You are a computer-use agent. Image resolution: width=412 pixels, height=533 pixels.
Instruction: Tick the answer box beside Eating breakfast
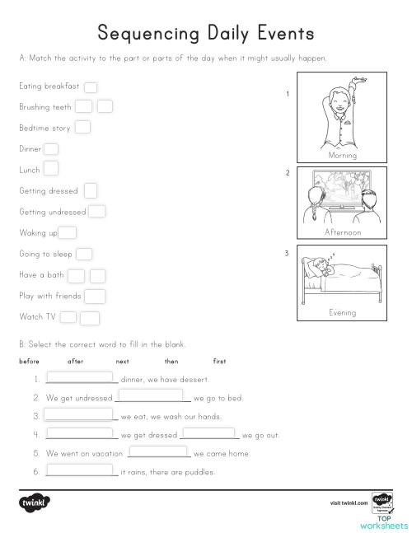coord(91,86)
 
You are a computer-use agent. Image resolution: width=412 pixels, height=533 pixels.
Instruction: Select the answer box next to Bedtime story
coord(83,127)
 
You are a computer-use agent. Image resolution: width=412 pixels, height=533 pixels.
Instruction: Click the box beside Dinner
coord(50,148)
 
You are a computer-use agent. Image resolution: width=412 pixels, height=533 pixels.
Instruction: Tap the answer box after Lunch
coord(50,169)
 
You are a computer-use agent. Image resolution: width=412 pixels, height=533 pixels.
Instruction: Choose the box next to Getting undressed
coord(97,212)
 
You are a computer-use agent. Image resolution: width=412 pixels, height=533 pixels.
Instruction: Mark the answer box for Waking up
coord(68,233)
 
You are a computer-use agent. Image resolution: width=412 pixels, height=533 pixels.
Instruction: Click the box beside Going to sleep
coord(84,255)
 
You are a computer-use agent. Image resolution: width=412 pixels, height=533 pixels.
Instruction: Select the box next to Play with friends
coord(95,296)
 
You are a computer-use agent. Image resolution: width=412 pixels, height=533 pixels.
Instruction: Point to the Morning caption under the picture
coord(342,155)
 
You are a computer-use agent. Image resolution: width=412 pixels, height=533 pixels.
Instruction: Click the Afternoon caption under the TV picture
coord(343,232)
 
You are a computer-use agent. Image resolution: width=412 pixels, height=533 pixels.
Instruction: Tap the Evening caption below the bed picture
coord(342,313)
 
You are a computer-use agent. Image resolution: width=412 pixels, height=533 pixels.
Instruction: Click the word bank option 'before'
coord(29,362)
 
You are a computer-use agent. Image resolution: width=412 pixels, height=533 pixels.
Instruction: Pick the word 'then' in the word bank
coord(171,362)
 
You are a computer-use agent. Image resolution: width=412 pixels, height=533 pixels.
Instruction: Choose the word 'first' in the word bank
coord(219,362)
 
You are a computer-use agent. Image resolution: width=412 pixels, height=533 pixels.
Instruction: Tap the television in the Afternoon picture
coord(341,191)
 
